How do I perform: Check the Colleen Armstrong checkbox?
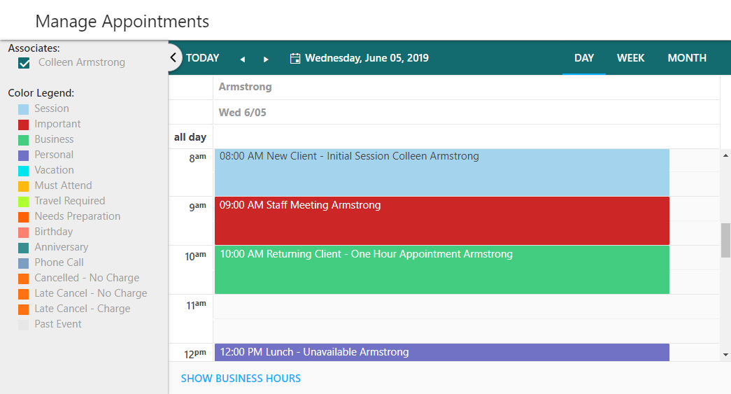coord(24,63)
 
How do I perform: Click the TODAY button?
coord(202,58)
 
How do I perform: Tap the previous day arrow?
coord(243,59)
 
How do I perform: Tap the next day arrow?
coord(266,59)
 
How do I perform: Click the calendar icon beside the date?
coord(295,58)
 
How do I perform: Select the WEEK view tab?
coord(630,58)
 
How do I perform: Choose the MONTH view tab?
coord(687,58)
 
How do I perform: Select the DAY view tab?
coord(583,58)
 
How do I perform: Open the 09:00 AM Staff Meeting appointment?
coord(442,220)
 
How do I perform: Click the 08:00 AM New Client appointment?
coord(442,172)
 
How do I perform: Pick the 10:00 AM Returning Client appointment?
coord(442,269)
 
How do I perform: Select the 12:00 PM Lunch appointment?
coord(442,352)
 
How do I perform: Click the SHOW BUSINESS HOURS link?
coord(241,379)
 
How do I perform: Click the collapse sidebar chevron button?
coord(173,58)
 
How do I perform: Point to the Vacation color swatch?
coord(23,171)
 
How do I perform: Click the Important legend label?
coord(57,124)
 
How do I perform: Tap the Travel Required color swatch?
coord(23,202)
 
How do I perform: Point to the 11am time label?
coord(196,305)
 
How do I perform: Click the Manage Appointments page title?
coord(122,22)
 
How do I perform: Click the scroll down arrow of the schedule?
coord(725,355)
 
